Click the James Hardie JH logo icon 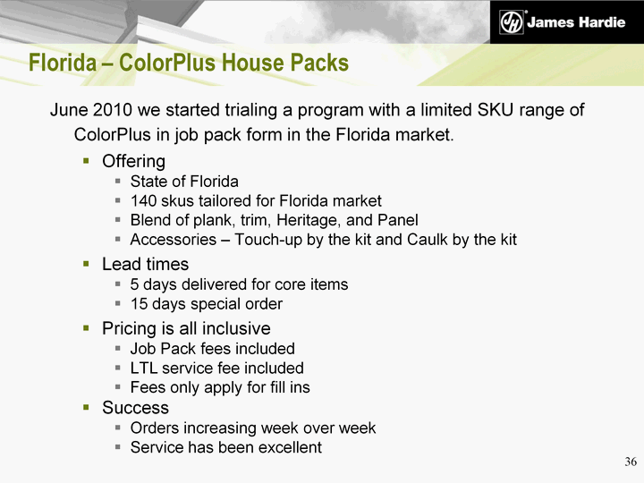512,22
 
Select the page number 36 631,462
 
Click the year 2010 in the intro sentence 112,110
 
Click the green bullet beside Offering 86,161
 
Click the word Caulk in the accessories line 428,240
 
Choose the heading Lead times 146,264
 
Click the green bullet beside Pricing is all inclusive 86,327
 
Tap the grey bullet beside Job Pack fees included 118,349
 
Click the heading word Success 136,408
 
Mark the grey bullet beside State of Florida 118,182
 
